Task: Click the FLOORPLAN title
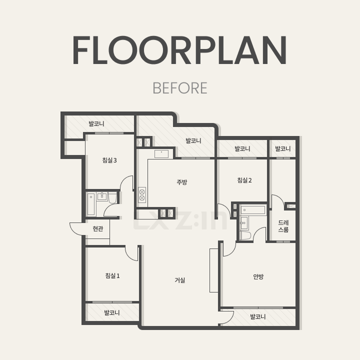click(180, 50)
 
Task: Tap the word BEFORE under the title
click(180, 88)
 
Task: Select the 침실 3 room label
click(109, 160)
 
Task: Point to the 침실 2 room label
click(244, 180)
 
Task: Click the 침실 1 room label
click(112, 275)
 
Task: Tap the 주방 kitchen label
click(182, 182)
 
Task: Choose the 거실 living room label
click(180, 280)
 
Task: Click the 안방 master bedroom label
click(258, 276)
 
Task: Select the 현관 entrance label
click(98, 228)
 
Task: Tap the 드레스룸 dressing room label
click(283, 226)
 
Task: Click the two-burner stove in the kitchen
click(142, 194)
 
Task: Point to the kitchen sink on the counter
click(161, 154)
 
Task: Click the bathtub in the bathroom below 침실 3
click(91, 204)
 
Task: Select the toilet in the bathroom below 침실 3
click(112, 198)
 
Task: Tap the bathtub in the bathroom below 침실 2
click(253, 210)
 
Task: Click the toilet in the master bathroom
click(244, 235)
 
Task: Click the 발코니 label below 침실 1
click(112, 312)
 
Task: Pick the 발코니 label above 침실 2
click(242, 148)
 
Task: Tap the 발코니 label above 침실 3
click(96, 123)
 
